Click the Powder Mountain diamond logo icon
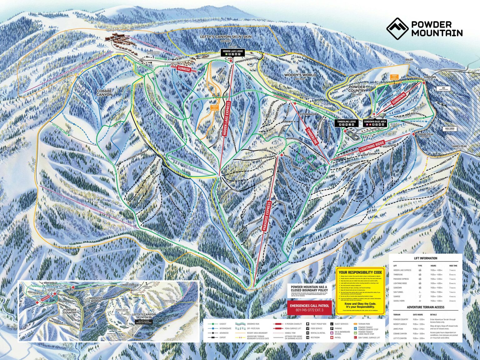[397, 28]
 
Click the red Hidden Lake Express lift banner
[227, 118]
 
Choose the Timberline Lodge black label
[347, 123]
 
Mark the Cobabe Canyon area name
[104, 92]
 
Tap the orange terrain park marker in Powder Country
[394, 76]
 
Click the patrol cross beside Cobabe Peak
[413, 134]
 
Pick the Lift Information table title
[425, 258]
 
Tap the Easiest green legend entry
[220, 324]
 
